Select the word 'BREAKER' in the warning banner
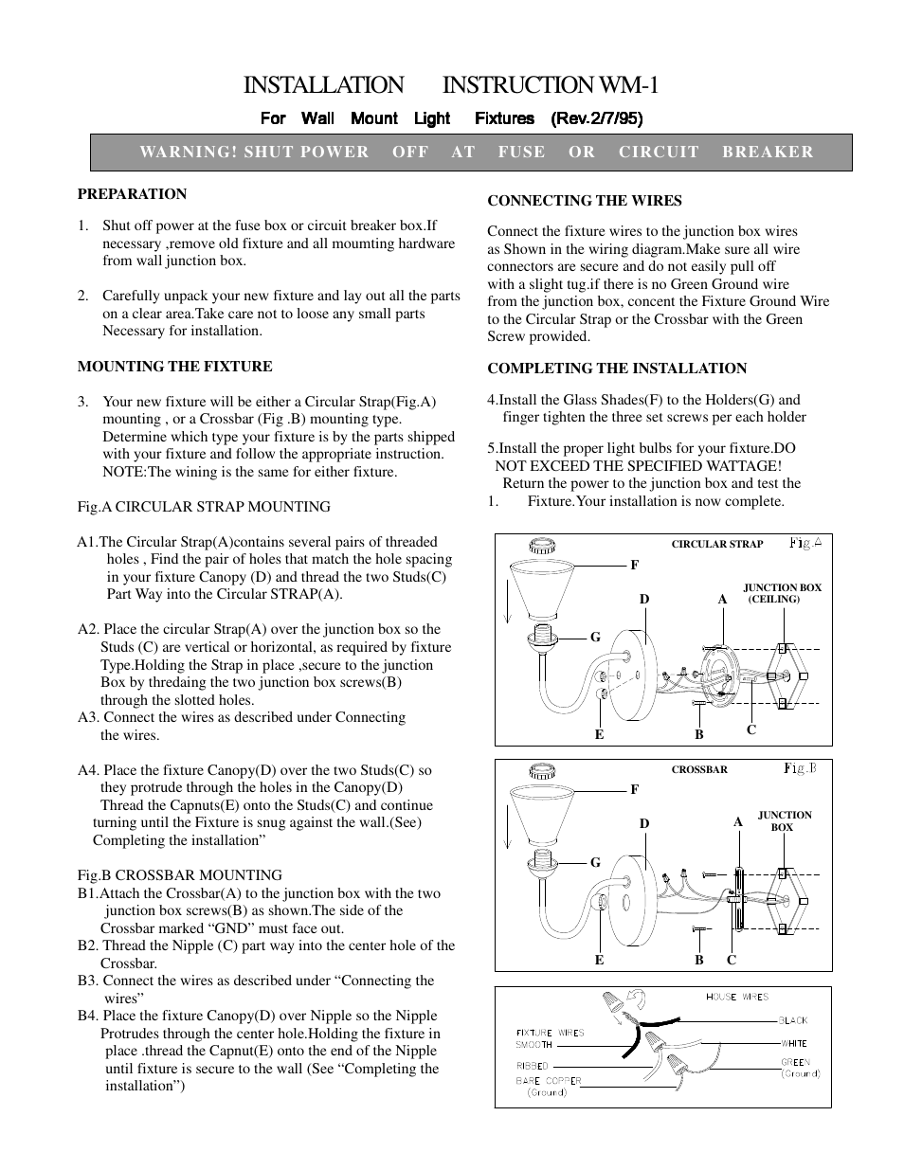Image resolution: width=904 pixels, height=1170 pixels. pyautogui.click(x=768, y=152)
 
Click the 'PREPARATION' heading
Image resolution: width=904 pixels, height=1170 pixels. pyautogui.click(x=132, y=194)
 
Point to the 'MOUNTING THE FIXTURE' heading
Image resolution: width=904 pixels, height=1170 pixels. pyautogui.click(x=174, y=367)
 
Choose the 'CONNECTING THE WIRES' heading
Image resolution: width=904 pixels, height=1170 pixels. pyautogui.click(x=584, y=201)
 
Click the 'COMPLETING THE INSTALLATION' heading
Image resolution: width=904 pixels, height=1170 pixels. pyautogui.click(x=617, y=369)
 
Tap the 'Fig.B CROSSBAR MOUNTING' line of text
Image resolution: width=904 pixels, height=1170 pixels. pyautogui.click(x=179, y=875)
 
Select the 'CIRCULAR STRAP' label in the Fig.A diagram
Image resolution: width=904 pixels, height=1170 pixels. pyautogui.click(x=716, y=545)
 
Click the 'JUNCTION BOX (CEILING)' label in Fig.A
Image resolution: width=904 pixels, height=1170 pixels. pyautogui.click(x=781, y=593)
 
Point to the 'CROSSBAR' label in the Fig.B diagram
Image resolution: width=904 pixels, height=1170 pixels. pyautogui.click(x=699, y=770)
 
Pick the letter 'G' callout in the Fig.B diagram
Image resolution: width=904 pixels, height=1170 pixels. pyautogui.click(x=595, y=863)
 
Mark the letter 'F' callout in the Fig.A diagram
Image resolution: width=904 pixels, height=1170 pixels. pyautogui.click(x=634, y=565)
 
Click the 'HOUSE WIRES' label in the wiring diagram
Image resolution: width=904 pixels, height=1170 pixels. pyautogui.click(x=736, y=997)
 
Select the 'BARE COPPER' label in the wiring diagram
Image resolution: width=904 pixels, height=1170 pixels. pyautogui.click(x=549, y=1080)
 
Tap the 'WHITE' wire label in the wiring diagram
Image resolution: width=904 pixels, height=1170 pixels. pyautogui.click(x=794, y=1043)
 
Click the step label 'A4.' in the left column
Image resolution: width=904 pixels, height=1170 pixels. pyautogui.click(x=88, y=770)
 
